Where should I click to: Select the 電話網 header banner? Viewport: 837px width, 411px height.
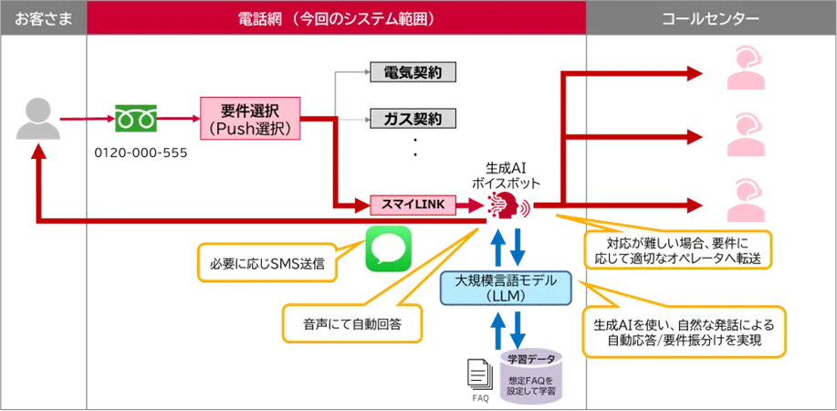[336, 17]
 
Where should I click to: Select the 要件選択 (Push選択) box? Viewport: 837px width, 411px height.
[249, 119]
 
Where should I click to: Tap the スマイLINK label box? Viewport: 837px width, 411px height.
[411, 205]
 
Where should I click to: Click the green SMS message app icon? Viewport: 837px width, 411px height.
[389, 249]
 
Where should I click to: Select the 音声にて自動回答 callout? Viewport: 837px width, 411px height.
[352, 322]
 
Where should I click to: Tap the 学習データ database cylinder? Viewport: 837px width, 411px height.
[530, 374]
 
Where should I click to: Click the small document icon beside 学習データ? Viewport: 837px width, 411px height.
[477, 373]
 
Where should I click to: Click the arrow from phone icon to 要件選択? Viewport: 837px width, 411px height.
[180, 120]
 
